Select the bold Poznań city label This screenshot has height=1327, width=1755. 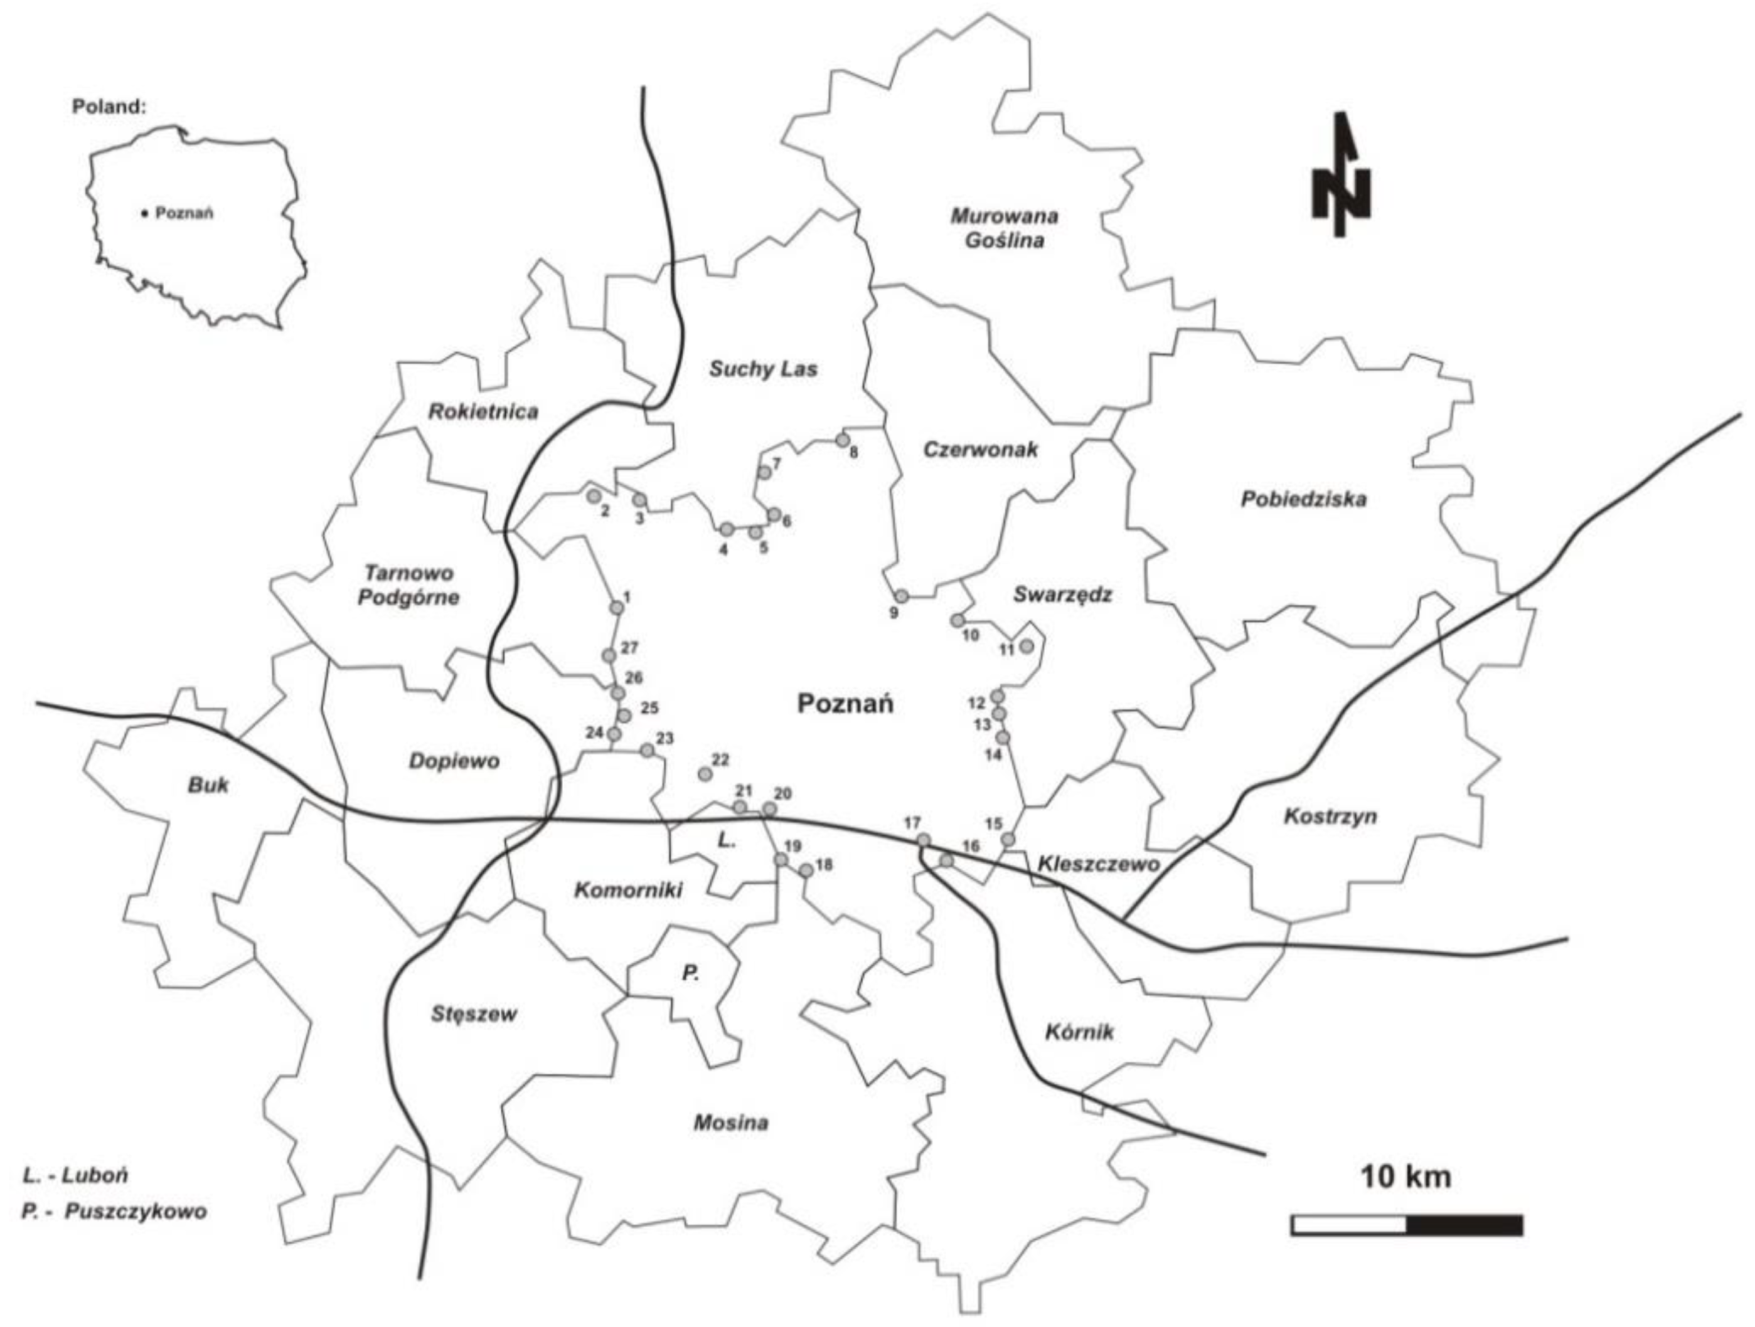click(846, 704)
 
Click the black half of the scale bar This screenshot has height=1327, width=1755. click(1464, 1225)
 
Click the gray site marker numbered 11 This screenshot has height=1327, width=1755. click(1026, 647)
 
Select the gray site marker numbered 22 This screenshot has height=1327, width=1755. click(704, 773)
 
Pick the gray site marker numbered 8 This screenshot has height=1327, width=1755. click(843, 440)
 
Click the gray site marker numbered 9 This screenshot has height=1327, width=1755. click(901, 596)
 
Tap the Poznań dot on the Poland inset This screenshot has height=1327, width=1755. click(144, 213)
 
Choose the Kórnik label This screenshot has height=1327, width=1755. click(1079, 1032)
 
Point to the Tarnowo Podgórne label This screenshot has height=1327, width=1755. click(408, 584)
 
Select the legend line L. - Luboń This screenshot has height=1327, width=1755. click(75, 1175)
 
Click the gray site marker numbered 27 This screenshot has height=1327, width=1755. click(609, 655)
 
